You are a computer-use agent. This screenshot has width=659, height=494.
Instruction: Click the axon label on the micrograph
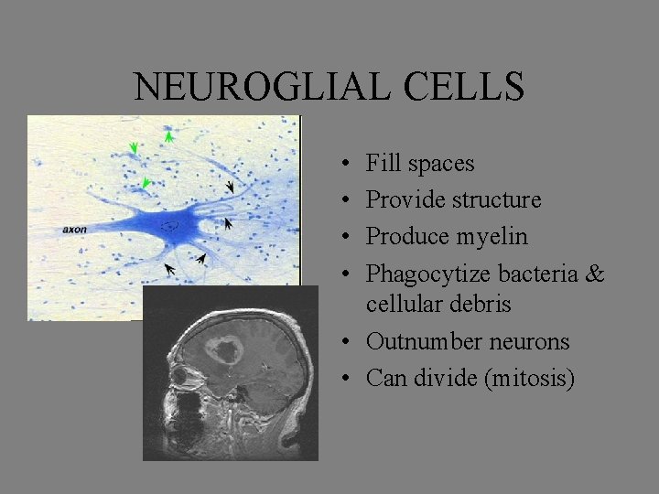tap(75, 229)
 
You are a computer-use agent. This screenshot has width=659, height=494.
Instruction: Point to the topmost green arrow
tap(169, 135)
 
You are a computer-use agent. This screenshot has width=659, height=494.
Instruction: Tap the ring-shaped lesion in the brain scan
tap(222, 349)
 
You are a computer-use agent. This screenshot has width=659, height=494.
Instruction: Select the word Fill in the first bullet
tap(384, 164)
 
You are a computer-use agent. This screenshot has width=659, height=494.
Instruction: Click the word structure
tap(497, 200)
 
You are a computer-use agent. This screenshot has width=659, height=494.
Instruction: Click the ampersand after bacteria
tap(594, 274)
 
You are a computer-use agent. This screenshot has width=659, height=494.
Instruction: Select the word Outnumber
tap(417, 341)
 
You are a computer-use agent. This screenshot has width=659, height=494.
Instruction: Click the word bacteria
tap(540, 274)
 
